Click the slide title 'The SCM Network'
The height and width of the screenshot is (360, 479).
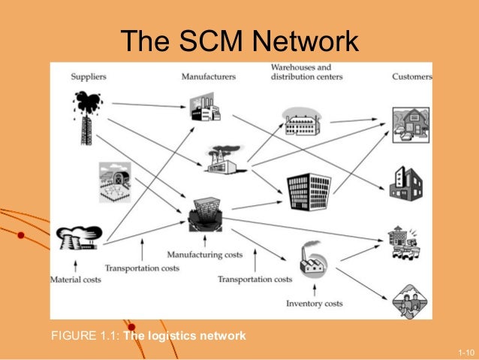click(x=239, y=42)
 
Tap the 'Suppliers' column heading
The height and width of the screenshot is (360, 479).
click(x=88, y=76)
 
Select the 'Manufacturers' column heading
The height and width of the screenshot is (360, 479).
click(x=209, y=76)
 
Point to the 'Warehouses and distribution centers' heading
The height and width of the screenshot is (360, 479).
click(x=306, y=72)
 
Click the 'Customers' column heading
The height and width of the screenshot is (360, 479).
click(x=412, y=76)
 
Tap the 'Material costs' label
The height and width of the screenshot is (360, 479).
click(x=75, y=280)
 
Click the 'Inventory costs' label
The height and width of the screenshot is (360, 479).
click(x=315, y=304)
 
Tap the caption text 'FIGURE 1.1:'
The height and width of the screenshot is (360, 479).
click(x=85, y=335)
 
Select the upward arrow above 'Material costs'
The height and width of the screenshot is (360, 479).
click(x=74, y=265)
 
